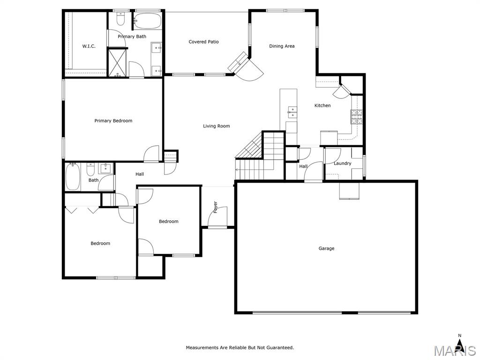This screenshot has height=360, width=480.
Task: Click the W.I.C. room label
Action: point(89,46)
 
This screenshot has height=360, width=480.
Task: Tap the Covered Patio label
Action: point(203,42)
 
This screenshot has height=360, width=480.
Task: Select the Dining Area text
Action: point(282,46)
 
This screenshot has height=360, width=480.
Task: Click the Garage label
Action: point(326,248)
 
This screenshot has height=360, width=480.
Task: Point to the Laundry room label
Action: point(342,164)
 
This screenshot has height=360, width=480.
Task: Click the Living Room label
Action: point(217,126)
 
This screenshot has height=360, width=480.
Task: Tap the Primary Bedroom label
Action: point(113,120)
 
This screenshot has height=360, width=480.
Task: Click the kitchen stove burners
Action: point(356,117)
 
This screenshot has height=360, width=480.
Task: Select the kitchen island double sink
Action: point(292,112)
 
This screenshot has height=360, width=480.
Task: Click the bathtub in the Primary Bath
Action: point(148,21)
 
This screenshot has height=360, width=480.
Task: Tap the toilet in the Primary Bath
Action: point(120,19)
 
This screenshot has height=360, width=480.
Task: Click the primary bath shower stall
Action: point(118,63)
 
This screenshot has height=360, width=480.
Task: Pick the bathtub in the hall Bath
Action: point(73,177)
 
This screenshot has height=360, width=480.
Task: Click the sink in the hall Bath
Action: point(105,169)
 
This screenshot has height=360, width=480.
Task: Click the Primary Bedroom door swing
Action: point(151,153)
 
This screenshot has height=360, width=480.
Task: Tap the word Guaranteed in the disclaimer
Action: point(279,347)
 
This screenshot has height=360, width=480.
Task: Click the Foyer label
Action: point(216,207)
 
